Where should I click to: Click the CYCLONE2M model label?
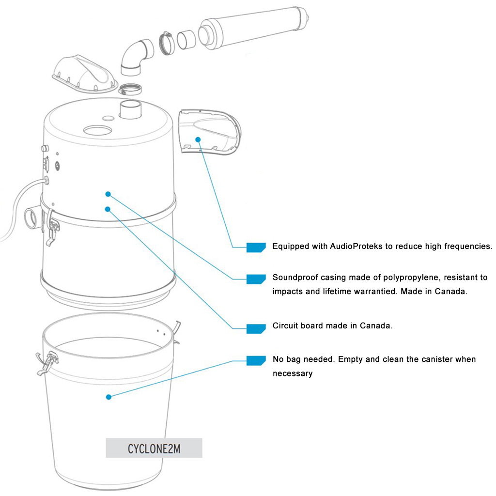coord(154,449)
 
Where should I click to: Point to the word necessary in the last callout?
coord(292,373)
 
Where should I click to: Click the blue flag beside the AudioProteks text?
coord(256,247)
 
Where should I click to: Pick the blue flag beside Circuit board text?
coord(256,328)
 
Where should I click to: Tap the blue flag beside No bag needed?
coord(256,360)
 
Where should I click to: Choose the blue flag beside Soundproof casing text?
coord(256,279)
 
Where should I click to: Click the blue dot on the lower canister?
coord(108,397)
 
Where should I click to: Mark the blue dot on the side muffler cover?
coord(198,139)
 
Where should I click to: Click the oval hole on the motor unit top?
coord(99,130)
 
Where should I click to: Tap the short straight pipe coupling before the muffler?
coord(186,41)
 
